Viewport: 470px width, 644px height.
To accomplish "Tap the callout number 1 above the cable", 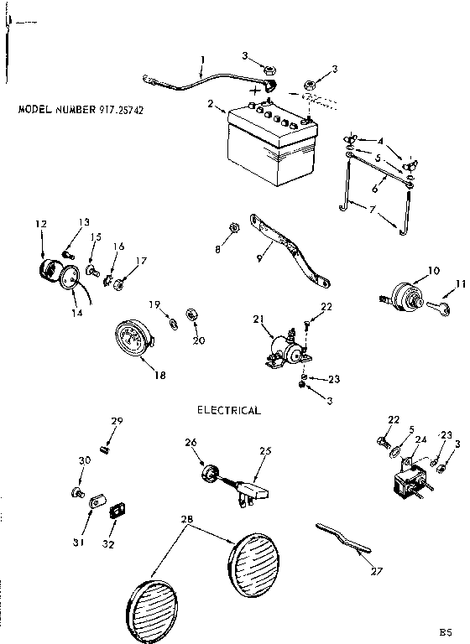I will click(202, 60).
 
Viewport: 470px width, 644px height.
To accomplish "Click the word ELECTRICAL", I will click(228, 411).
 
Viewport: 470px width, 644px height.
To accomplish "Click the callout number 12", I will click(39, 224).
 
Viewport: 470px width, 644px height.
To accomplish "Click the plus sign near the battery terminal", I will click(252, 89).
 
